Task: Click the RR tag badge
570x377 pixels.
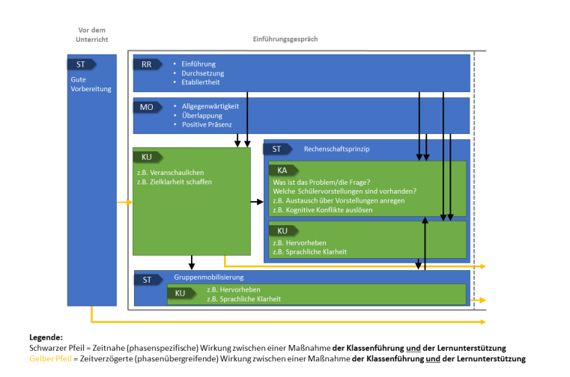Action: click(148, 64)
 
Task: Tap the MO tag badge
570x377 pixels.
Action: click(148, 107)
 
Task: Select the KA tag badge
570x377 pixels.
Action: click(282, 171)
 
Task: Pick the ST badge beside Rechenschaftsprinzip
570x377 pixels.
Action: click(277, 149)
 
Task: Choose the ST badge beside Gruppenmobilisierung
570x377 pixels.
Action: click(148, 280)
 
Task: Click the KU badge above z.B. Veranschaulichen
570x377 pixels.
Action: click(147, 157)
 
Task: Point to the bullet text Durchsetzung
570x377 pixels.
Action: click(202, 73)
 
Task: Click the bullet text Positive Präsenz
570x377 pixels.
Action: click(207, 124)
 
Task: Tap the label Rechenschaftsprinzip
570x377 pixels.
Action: click(336, 149)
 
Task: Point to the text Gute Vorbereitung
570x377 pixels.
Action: click(91, 84)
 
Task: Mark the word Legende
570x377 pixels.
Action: click(46, 338)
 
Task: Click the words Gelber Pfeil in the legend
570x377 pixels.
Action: click(50, 358)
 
